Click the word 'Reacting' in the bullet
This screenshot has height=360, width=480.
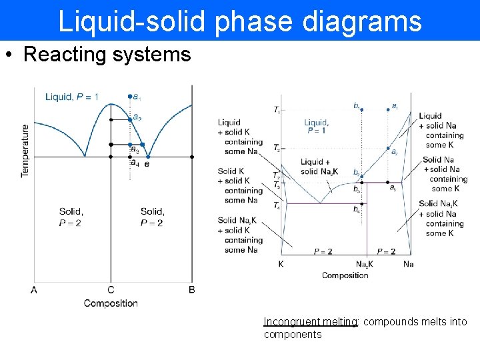(62, 55)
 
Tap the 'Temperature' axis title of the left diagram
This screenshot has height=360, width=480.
(25, 150)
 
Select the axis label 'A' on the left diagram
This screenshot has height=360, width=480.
(34, 290)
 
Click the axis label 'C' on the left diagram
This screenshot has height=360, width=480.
(111, 290)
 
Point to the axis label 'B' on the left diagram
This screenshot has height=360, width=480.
(192, 290)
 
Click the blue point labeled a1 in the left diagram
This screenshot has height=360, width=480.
(129, 97)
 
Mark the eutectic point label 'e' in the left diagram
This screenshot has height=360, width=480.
(147, 163)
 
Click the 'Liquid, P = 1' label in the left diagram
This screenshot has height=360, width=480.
(72, 97)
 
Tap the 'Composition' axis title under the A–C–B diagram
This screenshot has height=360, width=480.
(111, 303)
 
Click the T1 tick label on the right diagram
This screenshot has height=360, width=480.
(277, 109)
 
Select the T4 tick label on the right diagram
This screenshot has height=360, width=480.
(277, 205)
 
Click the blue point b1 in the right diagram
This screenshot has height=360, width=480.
(361, 109)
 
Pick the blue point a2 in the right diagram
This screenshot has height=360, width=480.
(388, 148)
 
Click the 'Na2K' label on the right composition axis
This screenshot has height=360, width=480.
(364, 264)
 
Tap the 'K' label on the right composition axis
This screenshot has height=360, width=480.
(281, 264)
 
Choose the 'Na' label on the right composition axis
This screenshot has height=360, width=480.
(409, 264)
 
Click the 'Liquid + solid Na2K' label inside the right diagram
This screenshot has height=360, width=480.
(319, 167)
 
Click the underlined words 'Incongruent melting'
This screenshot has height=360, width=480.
(310, 321)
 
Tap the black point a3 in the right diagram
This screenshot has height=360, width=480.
(388, 182)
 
